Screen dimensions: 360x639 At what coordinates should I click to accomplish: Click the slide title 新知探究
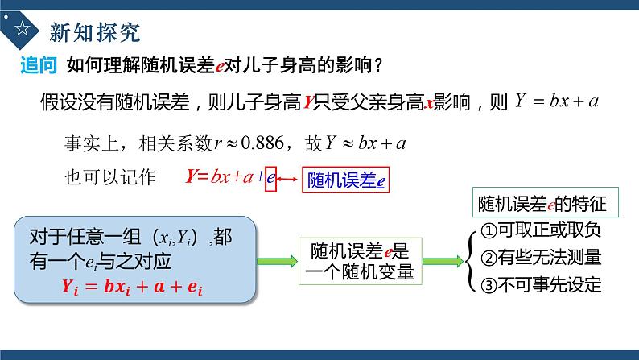94,31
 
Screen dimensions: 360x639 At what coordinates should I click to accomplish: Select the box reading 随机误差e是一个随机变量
359,261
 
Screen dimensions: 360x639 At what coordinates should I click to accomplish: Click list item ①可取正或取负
541,231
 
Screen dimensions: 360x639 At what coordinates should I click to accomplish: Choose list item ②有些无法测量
541,259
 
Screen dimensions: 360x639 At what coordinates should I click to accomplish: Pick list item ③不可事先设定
541,286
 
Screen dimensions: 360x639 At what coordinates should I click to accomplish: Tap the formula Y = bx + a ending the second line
556,102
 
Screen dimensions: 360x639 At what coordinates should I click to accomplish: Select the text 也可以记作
108,178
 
